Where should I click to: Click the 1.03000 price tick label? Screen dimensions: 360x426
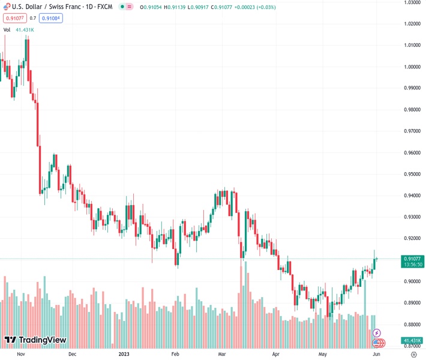pos(411,2)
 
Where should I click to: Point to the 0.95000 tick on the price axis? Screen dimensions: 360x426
pos(411,174)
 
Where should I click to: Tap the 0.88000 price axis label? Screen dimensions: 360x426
pos(411,325)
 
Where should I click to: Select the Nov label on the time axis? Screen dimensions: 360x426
pos(20,354)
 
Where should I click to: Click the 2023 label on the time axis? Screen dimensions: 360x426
pos(124,354)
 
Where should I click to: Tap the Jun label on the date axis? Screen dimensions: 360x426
pos(376,354)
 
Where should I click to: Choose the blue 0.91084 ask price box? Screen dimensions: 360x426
pos(51,18)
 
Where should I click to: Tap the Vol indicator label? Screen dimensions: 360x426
pos(7,29)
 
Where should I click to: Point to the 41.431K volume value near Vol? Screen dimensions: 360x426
pos(25,29)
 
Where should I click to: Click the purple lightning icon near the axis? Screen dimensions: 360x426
pos(377,333)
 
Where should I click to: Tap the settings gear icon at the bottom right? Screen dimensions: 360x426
pos(413,354)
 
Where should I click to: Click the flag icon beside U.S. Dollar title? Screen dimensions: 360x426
pos(7,7)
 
